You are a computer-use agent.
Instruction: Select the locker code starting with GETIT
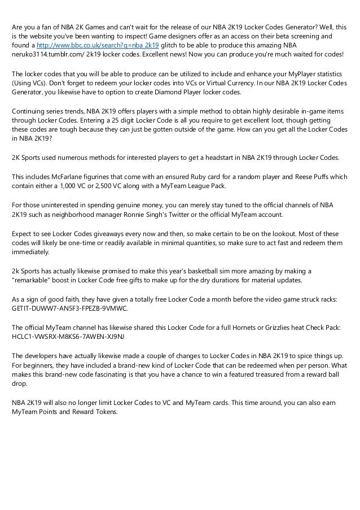pos(70,309)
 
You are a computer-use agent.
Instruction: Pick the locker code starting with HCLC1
pos(68,335)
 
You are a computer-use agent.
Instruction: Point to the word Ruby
pos(201,177)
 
